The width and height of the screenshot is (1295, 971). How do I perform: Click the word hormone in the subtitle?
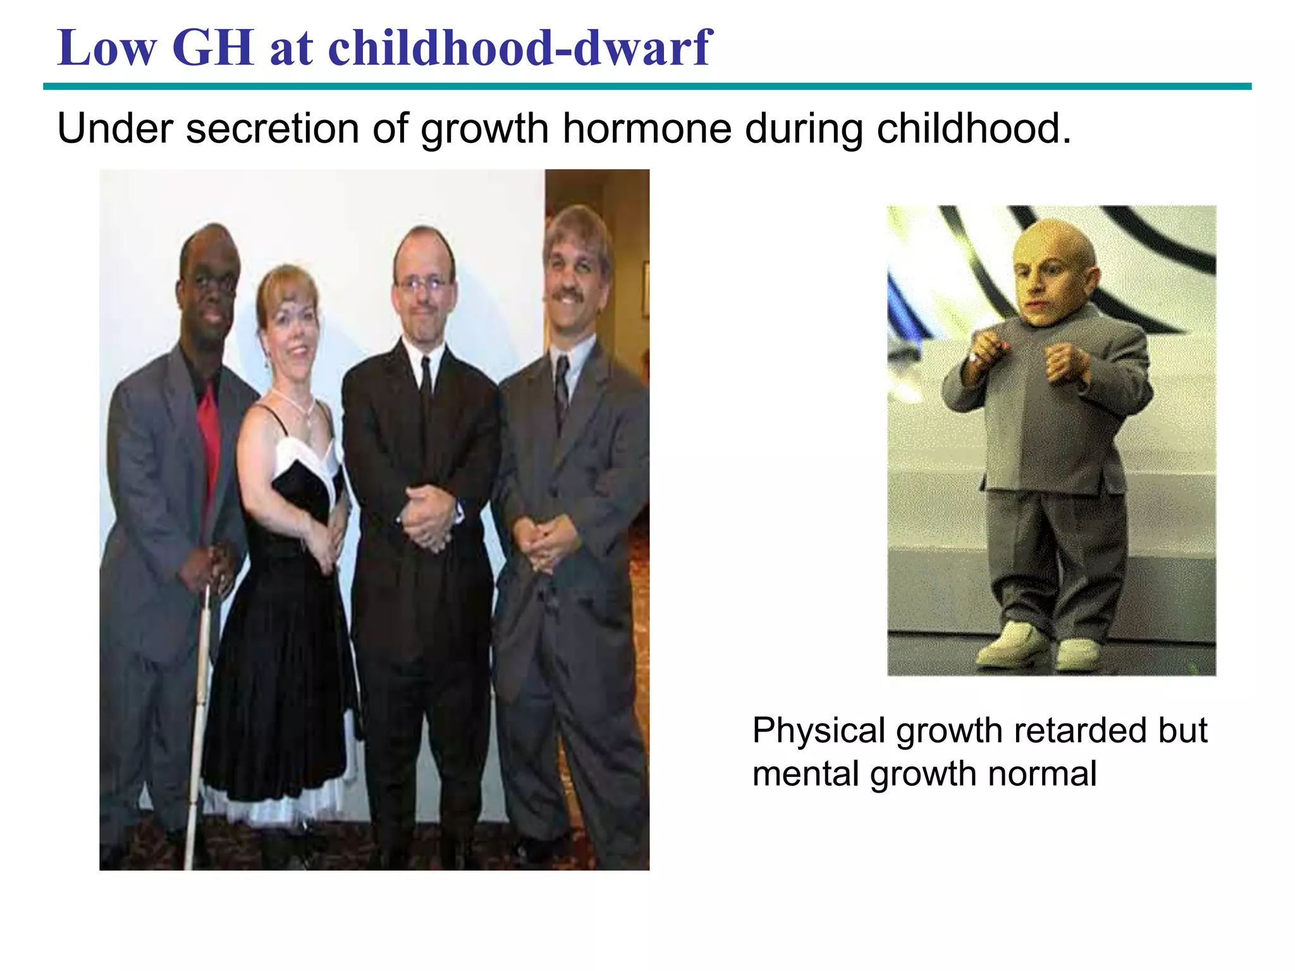click(646, 128)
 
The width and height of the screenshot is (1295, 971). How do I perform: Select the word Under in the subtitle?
click(114, 128)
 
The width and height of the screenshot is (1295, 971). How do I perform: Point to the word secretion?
click(272, 128)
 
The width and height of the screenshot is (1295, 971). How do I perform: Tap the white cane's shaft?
click(198, 708)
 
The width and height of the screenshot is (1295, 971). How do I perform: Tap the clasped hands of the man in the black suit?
click(427, 518)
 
